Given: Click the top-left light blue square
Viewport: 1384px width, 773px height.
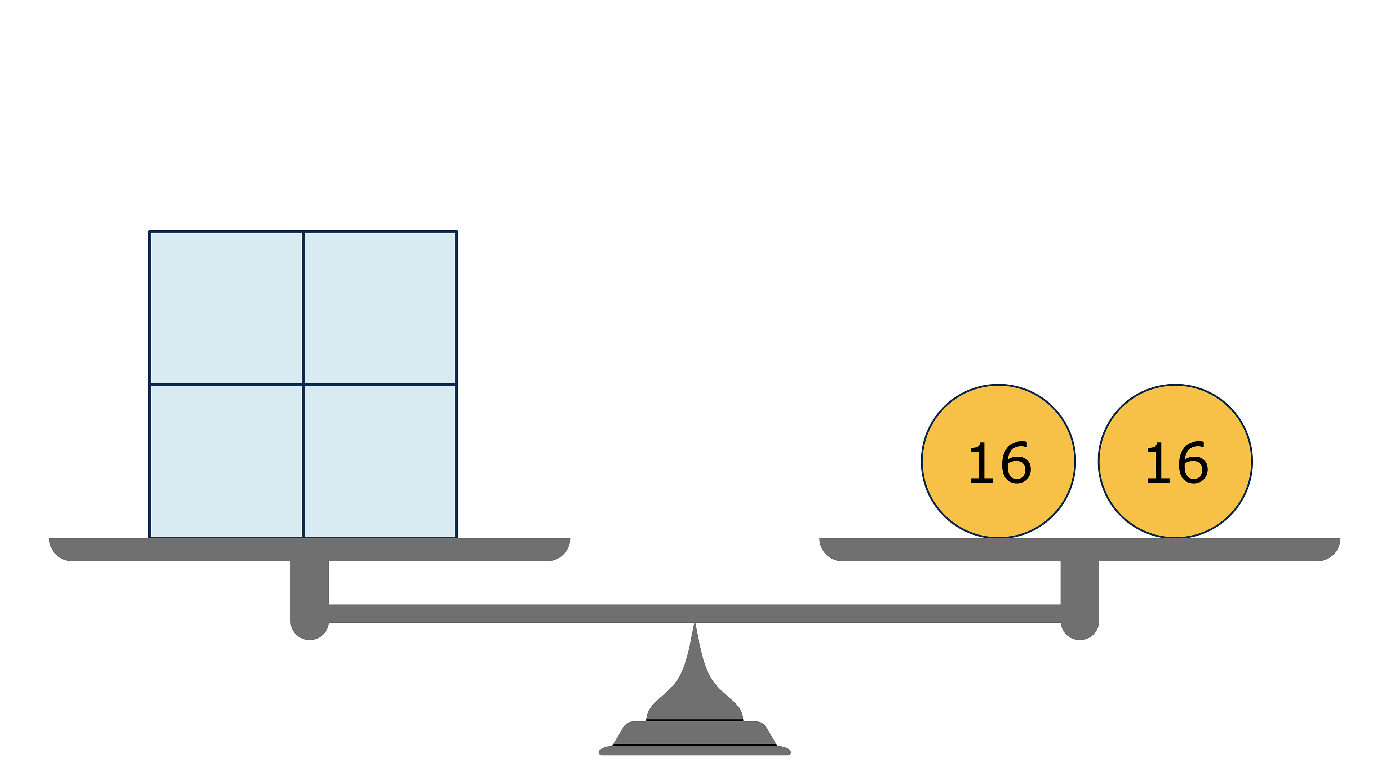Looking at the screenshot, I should [x=226, y=308].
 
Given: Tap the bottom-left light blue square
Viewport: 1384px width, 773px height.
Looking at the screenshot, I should [x=226, y=460].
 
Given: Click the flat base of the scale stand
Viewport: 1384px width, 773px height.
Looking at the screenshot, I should [x=695, y=750].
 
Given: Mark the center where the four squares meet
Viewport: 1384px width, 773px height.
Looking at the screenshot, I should [x=303, y=384].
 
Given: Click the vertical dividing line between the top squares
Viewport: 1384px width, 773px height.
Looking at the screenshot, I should [x=303, y=308].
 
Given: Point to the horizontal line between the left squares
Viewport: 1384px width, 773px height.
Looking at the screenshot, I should [x=226, y=384].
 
